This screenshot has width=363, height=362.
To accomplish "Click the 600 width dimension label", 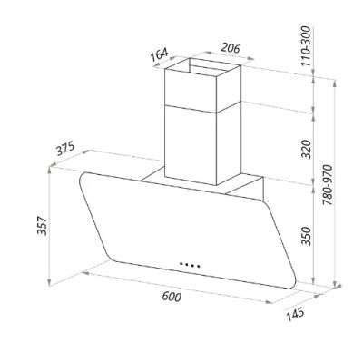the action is click(172, 297).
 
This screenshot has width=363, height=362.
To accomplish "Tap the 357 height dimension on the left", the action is click(42, 226).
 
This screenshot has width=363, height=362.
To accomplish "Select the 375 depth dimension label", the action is click(65, 149).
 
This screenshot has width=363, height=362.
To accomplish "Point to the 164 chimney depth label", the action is click(159, 54).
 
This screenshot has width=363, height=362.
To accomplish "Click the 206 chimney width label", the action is click(231, 48).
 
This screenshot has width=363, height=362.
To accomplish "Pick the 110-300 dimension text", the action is click(306, 46).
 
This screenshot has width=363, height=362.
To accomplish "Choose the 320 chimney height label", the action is click(307, 149).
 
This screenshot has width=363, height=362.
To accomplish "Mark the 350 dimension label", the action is click(307, 236).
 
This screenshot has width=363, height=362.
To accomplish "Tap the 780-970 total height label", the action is click(328, 185).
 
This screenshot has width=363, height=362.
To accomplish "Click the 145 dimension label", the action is click(295, 315).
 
